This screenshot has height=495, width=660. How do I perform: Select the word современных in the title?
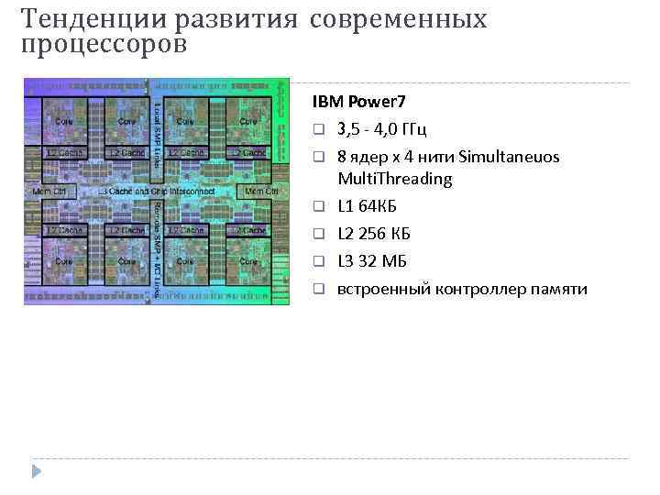click(399, 18)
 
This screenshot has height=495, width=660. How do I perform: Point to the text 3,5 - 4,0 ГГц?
click(381, 127)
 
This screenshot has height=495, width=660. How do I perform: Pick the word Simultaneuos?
click(510, 157)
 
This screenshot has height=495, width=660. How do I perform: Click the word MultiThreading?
click(395, 179)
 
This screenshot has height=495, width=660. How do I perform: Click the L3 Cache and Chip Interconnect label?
click(157, 192)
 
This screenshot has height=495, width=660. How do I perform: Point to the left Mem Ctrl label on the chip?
click(49, 192)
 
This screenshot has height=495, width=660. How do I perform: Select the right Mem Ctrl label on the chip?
click(262, 192)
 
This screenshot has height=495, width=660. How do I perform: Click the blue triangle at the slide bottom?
click(37, 472)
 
